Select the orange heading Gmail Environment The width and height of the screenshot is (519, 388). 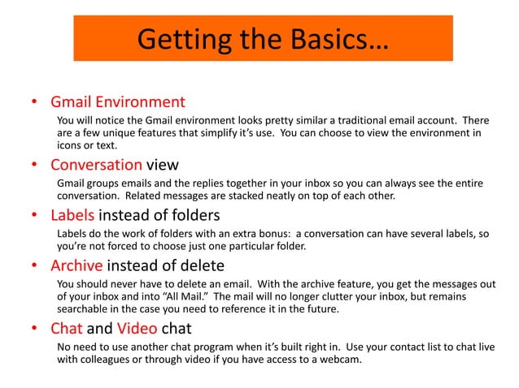tap(118, 103)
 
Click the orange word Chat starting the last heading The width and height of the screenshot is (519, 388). tap(67, 329)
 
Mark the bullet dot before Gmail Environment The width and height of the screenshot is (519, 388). tap(34, 104)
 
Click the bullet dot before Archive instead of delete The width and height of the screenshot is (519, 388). tap(34, 266)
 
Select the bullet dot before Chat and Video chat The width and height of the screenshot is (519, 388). tap(34, 330)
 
